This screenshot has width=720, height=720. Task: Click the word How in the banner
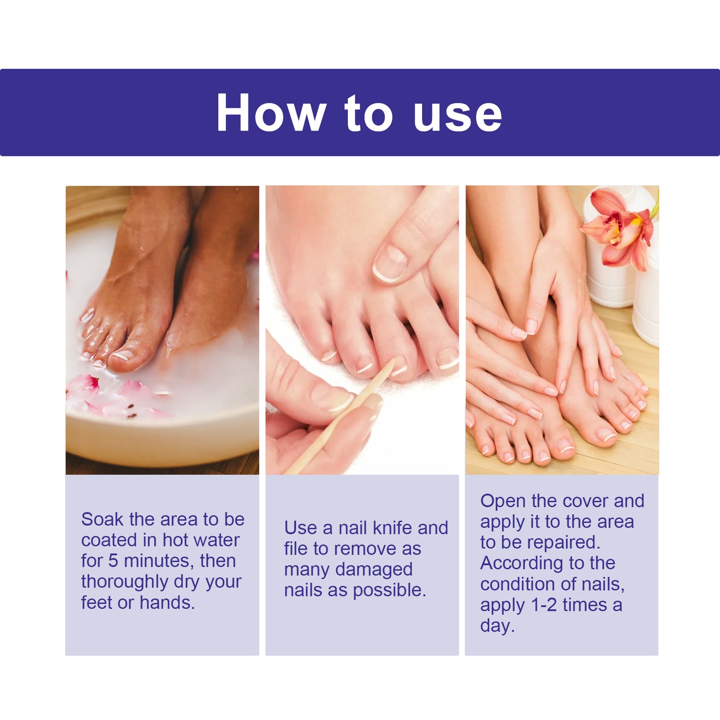pyautogui.click(x=271, y=113)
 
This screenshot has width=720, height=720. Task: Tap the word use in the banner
pyautogui.click(x=457, y=114)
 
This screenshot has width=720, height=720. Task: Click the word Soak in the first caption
pyautogui.click(x=102, y=519)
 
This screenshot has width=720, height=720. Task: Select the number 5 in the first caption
pyautogui.click(x=113, y=561)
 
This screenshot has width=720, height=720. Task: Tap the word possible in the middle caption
pyautogui.click(x=389, y=590)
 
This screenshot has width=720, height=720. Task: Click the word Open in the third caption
pyautogui.click(x=503, y=501)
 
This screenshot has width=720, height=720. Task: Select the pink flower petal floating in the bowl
pyautogui.click(x=83, y=384)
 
